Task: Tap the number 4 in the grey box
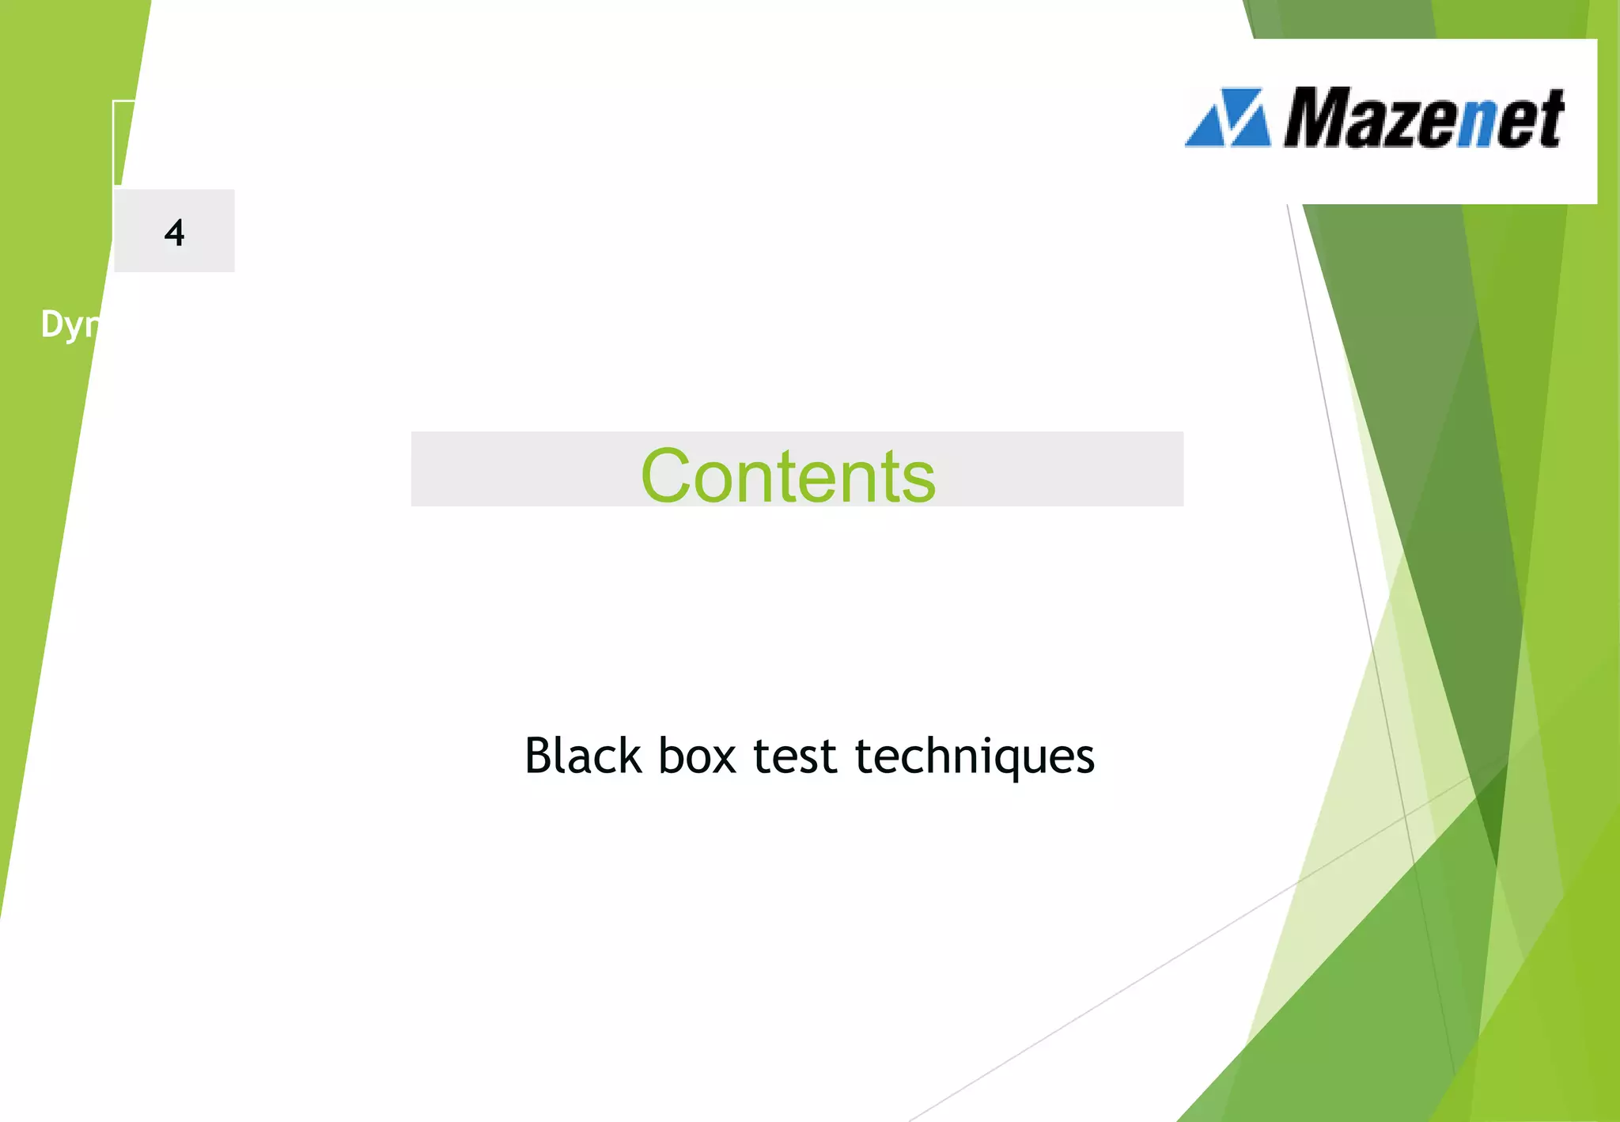click(x=175, y=233)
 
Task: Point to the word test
click(x=794, y=756)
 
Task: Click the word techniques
click(x=975, y=756)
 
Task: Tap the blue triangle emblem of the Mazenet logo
click(x=1228, y=118)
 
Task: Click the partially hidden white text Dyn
click(x=70, y=324)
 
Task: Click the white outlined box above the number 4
click(x=124, y=142)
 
